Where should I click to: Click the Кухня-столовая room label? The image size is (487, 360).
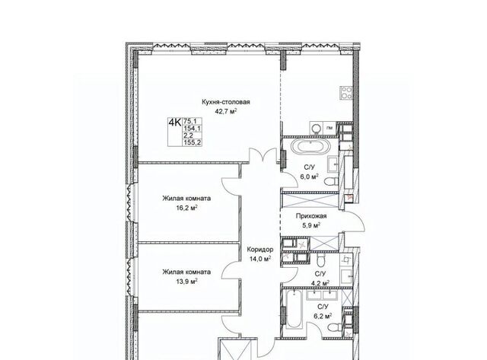point(226,102)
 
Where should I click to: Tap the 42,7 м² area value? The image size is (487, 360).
point(227,112)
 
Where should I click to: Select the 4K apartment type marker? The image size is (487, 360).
point(174,123)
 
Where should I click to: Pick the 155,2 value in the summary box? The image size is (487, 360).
point(193,142)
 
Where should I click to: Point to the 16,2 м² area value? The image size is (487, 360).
point(186,208)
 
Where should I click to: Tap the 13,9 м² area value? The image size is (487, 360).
point(186,282)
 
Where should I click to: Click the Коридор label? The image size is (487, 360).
point(260,250)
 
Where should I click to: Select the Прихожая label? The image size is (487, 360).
point(311,216)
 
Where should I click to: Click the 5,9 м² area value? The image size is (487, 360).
point(311,225)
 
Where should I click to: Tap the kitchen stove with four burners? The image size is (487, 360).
point(347,93)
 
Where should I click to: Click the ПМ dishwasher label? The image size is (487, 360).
point(329,128)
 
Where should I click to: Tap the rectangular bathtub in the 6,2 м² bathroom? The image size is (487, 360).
point(294,309)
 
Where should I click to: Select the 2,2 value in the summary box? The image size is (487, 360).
point(188,135)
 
